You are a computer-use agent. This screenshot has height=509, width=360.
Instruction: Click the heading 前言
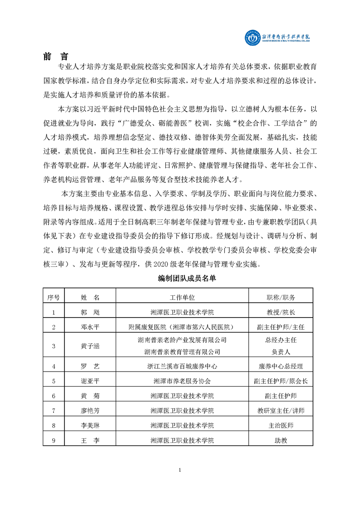click(x=56, y=57)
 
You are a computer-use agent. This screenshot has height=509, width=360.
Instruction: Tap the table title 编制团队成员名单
click(x=180, y=279)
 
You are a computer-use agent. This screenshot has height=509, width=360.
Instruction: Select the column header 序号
click(x=54, y=297)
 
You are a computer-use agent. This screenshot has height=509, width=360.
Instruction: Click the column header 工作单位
click(x=182, y=297)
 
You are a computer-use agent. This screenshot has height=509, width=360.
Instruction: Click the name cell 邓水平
click(x=90, y=327)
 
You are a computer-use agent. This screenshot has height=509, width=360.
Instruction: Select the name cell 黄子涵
click(x=90, y=346)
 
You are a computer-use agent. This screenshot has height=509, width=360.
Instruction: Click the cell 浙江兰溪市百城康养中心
click(x=182, y=366)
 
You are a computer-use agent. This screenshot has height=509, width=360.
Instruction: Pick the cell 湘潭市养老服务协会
click(x=182, y=381)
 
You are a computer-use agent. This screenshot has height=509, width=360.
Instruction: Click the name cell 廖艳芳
click(x=90, y=411)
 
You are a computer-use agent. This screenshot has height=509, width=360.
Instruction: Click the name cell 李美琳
click(x=90, y=426)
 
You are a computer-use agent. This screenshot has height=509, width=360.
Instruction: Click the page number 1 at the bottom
click(x=180, y=470)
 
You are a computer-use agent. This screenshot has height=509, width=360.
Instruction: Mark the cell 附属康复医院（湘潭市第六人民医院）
click(x=182, y=327)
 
